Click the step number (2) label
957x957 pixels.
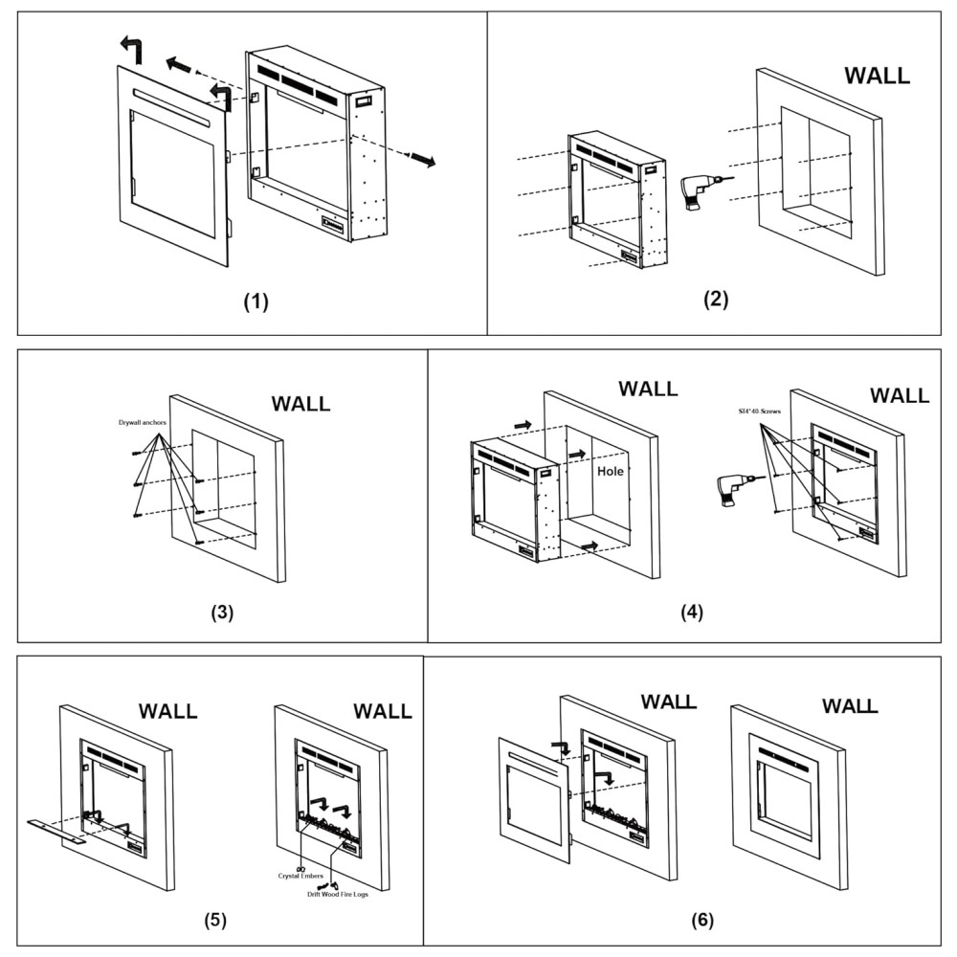[x=716, y=298]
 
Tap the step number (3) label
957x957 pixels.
[x=222, y=613]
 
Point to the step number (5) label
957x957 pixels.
[x=215, y=921]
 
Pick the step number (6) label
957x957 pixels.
[x=702, y=921]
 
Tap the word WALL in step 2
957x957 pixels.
[x=877, y=77]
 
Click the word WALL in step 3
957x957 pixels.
[x=300, y=404]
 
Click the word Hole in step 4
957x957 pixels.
[x=611, y=472]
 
